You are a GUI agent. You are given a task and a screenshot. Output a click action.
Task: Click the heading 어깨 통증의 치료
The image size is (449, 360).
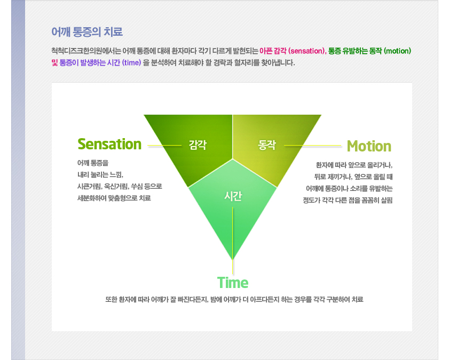(x=87, y=32)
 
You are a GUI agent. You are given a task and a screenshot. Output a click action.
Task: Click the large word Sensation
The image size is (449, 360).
(x=109, y=144)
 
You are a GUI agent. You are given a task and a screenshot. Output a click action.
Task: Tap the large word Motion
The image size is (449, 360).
(x=369, y=146)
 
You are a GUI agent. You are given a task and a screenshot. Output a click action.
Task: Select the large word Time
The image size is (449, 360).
(x=233, y=283)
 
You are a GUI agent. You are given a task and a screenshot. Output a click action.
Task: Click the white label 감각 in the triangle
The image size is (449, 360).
(x=198, y=145)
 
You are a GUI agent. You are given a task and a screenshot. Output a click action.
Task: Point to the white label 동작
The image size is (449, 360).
(x=267, y=145)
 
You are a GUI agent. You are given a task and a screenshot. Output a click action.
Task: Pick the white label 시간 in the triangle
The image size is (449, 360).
(x=233, y=196)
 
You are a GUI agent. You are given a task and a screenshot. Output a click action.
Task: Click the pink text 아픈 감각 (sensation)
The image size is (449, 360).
(x=292, y=51)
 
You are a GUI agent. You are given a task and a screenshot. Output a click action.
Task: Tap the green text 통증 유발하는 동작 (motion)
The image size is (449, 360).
(x=369, y=51)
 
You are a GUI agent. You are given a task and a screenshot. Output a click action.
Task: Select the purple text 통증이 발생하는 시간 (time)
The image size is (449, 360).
(x=100, y=62)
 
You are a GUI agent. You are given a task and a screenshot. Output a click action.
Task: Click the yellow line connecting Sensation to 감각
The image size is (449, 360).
(x=164, y=146)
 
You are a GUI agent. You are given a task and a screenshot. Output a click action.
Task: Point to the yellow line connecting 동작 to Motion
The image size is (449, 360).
(x=313, y=146)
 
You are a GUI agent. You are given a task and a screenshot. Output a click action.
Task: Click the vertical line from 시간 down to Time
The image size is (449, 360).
(x=233, y=241)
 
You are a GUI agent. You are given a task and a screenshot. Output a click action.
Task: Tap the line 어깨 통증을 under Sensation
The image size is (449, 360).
(x=93, y=163)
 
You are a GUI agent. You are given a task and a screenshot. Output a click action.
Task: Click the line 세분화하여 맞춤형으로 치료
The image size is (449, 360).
(x=114, y=198)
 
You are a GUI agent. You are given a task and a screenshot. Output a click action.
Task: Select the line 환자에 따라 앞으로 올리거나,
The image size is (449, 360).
(x=354, y=165)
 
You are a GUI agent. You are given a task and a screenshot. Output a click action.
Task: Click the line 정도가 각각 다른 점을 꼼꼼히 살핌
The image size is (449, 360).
(x=348, y=200)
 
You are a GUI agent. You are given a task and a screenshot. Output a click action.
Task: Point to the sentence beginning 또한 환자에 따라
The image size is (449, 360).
(x=234, y=299)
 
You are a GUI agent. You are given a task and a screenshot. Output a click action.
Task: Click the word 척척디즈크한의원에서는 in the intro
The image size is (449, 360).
(x=86, y=51)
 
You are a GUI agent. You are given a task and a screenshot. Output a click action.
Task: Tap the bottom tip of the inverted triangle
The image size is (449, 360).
(x=233, y=260)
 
